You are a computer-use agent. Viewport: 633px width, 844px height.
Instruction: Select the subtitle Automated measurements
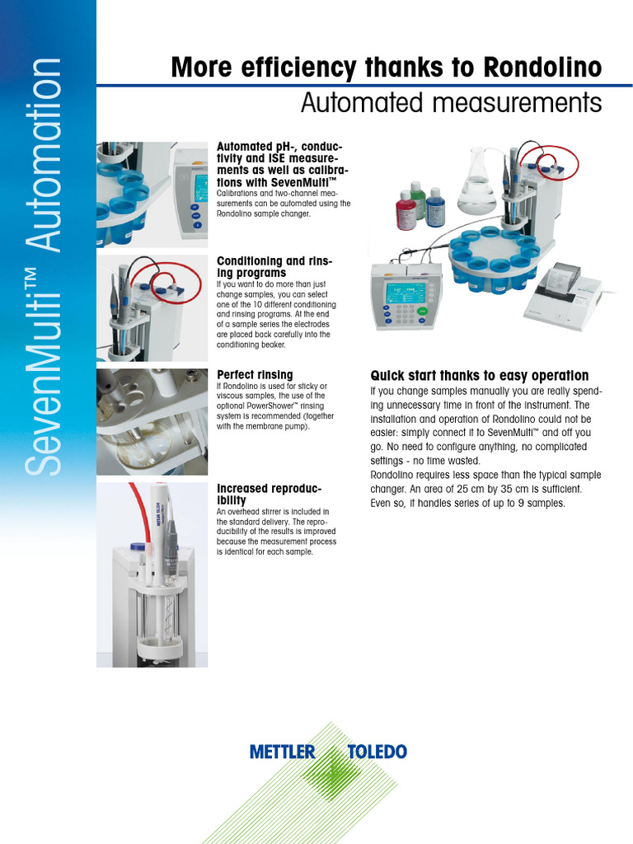point(451,104)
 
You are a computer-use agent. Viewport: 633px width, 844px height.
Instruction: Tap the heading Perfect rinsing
point(254,375)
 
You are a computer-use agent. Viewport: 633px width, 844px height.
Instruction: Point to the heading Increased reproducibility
point(269,495)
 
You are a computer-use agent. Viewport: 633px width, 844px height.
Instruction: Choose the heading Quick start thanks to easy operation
point(479,376)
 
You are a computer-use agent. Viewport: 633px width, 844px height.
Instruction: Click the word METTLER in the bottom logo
point(282,752)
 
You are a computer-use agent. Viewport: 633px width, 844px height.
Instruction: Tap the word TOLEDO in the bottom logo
point(377,752)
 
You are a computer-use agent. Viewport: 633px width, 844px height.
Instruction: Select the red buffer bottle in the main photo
point(406,212)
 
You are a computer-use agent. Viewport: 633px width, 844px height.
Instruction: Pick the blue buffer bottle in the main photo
point(435,208)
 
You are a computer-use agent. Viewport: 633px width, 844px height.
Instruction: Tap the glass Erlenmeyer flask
point(478,183)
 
